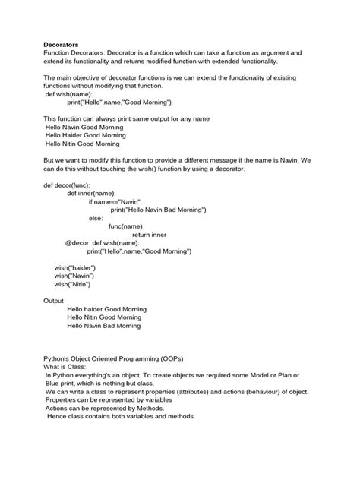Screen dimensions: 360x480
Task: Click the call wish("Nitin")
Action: point(71,285)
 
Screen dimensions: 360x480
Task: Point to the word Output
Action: point(55,301)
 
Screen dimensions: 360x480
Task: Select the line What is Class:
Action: point(66,366)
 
